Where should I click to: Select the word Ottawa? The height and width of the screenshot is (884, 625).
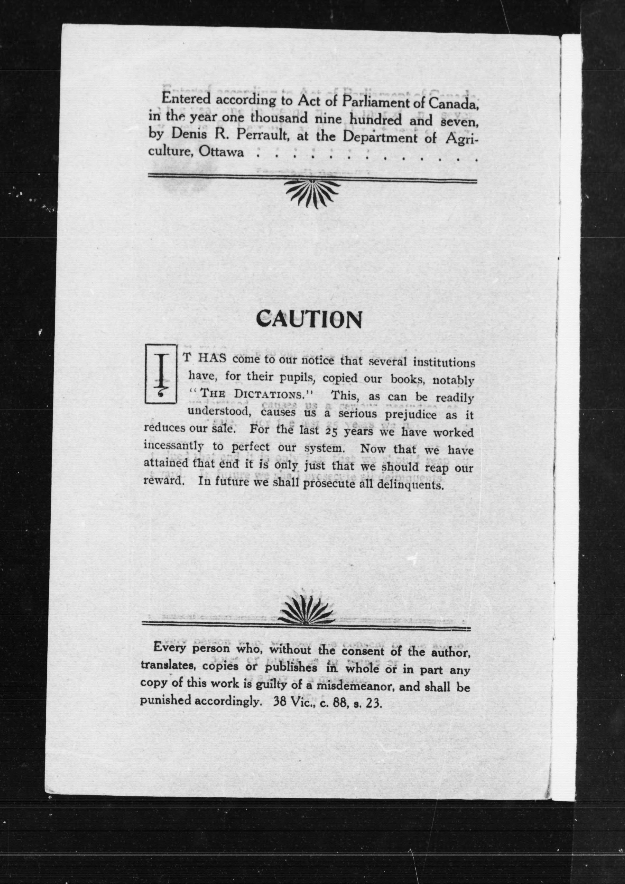click(221, 153)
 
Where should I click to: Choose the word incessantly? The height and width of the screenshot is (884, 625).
click(173, 446)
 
